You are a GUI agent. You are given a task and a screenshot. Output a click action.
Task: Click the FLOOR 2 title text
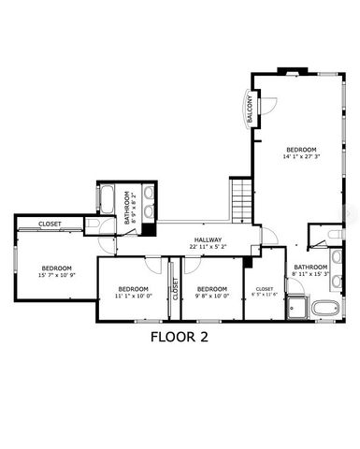(180, 338)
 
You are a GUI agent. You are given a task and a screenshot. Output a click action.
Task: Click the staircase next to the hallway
(242, 198)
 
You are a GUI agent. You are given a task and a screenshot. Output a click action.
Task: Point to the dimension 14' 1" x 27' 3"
(300, 158)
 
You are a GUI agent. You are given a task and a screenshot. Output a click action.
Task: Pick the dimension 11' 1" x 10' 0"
(134, 296)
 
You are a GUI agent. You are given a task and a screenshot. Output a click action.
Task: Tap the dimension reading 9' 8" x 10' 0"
(212, 296)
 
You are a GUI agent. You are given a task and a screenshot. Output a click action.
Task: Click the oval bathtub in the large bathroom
(324, 309)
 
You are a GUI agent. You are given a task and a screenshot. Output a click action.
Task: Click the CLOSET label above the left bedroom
(50, 224)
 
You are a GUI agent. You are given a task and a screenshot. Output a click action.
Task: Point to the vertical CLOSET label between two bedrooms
(174, 289)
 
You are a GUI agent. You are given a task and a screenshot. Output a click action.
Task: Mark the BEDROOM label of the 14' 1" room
(301, 150)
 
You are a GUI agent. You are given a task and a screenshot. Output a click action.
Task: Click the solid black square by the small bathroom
(148, 228)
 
